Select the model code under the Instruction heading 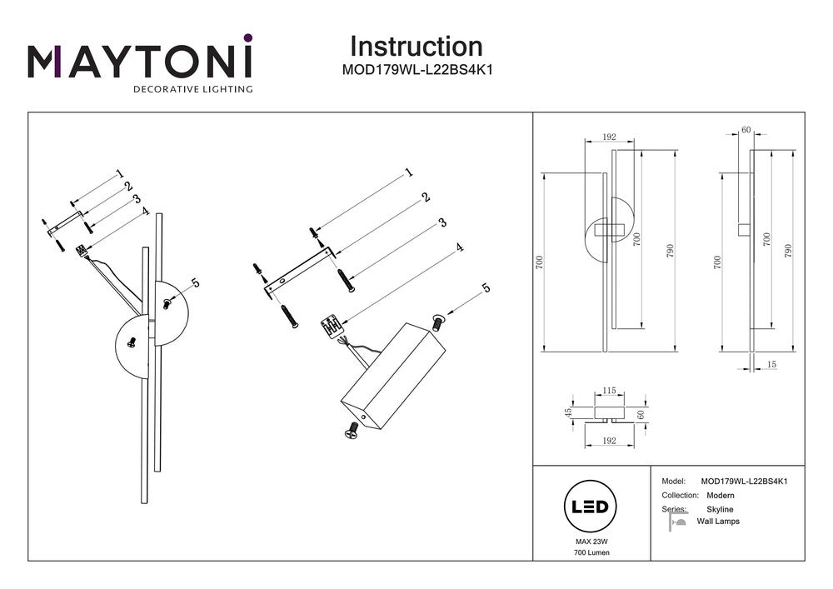417,71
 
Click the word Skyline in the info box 720,509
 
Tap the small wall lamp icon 676,522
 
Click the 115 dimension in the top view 609,391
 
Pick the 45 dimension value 569,412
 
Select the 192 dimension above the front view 608,137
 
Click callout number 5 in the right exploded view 486,289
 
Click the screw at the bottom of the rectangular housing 352,431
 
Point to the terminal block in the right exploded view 332,326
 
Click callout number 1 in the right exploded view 409,173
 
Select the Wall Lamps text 718,522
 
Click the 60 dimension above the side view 746,130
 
